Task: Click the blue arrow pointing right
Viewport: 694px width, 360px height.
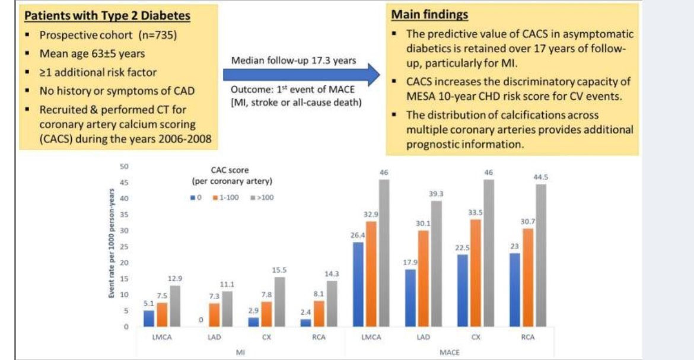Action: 303,75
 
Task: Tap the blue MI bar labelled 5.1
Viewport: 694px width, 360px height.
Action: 148,318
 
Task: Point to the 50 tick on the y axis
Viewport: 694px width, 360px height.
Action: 125,167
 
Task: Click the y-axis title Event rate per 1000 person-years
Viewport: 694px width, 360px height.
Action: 111,247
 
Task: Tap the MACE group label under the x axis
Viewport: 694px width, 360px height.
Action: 449,352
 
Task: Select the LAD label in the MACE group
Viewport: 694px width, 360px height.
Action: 424,337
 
